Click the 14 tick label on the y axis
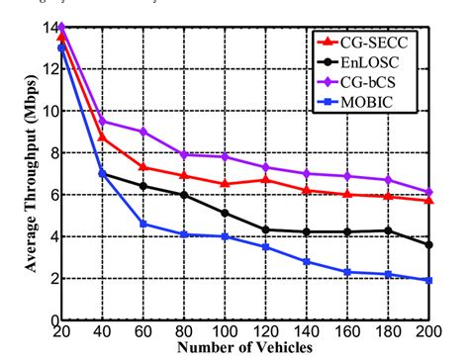[x=47, y=27]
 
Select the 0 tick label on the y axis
[x=51, y=321]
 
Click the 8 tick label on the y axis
[x=51, y=153]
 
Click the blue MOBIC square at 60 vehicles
[x=143, y=225]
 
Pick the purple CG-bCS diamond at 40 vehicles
[x=103, y=122]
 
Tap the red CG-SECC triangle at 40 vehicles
[x=103, y=136]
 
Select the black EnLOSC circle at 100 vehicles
[x=226, y=213]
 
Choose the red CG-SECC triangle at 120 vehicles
[x=266, y=179]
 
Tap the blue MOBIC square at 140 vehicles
[x=308, y=262]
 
